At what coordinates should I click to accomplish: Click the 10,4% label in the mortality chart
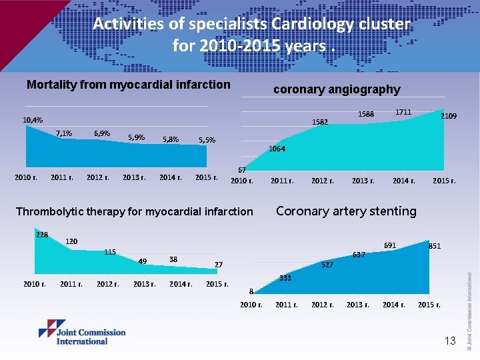[33, 120]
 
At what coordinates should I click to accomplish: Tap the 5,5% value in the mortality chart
[207, 140]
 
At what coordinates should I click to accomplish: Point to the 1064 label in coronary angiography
[277, 149]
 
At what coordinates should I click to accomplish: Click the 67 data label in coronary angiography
[243, 171]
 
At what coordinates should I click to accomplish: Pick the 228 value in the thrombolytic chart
[42, 234]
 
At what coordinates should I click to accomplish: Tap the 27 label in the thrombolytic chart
[219, 265]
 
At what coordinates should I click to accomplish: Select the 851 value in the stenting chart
[435, 246]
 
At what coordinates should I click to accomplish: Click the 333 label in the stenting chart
[285, 278]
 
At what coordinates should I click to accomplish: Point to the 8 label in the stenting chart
[251, 291]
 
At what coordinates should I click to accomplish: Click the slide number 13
[450, 341]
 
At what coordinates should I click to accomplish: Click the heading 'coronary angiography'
[337, 89]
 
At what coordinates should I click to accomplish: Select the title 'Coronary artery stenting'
[346, 211]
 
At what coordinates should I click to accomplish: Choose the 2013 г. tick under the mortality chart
[135, 178]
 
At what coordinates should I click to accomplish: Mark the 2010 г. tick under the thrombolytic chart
[35, 285]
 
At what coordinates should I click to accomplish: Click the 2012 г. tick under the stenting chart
[323, 305]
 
